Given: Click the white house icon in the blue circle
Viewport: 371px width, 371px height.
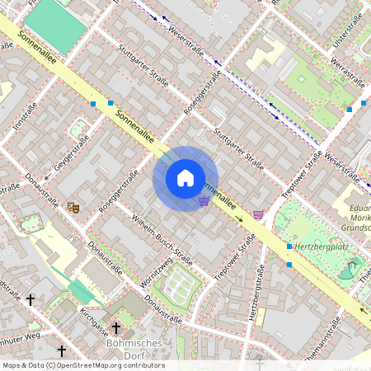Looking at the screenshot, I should pyautogui.click(x=185, y=178).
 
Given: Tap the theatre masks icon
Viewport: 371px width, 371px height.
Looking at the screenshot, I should pyautogui.click(x=73, y=208).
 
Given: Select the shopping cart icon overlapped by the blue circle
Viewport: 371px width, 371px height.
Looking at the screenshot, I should pyautogui.click(x=203, y=200).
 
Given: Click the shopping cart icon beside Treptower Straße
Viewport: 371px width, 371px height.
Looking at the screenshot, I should pyautogui.click(x=259, y=214).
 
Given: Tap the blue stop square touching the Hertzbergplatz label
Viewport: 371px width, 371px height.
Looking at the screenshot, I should pyautogui.click(x=289, y=247).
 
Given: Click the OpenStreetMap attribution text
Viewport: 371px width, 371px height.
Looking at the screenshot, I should pyautogui.click(x=82, y=365).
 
